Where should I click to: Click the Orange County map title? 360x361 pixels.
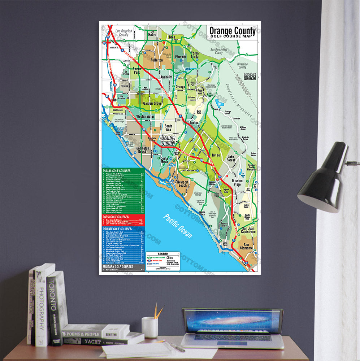tap(232, 32)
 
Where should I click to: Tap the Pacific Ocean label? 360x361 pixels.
tap(178, 226)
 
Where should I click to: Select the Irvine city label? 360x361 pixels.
tap(216, 155)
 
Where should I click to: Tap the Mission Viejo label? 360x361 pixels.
tap(237, 183)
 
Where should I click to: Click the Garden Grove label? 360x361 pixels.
tap(153, 104)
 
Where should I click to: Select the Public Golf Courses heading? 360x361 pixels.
tap(117, 171)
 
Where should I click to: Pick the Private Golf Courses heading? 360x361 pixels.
tap(117, 229)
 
